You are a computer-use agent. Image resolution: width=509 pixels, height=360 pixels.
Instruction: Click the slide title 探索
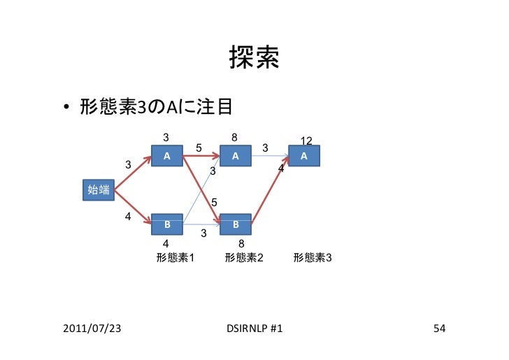click(254, 61)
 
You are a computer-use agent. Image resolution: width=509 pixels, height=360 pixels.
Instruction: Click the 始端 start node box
click(97, 189)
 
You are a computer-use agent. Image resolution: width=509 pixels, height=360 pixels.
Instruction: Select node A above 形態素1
click(167, 156)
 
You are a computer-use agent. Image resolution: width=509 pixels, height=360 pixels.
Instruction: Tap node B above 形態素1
click(167, 224)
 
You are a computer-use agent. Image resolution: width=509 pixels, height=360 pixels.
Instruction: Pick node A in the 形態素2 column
click(236, 156)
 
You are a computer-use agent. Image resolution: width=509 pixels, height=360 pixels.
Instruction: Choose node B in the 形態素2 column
click(236, 224)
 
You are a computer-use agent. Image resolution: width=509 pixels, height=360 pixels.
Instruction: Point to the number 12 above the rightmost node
click(306, 141)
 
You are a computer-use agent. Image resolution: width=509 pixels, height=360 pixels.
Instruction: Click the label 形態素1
click(175, 257)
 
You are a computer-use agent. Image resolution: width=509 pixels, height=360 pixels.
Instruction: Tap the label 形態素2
click(244, 257)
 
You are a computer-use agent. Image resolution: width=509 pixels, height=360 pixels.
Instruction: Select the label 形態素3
click(313, 257)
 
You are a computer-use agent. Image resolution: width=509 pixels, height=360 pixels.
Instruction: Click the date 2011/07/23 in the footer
click(90, 328)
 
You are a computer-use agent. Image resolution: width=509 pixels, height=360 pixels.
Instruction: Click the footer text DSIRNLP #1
click(254, 328)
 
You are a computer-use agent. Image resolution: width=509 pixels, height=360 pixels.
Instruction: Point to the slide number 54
click(439, 328)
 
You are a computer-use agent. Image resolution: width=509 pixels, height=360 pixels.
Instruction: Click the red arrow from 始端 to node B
click(133, 207)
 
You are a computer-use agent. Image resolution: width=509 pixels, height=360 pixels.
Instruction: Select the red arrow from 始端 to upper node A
click(133, 173)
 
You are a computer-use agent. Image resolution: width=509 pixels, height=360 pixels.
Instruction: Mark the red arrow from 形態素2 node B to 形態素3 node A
click(269, 196)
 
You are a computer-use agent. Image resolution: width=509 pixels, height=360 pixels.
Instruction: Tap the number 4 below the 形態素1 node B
click(166, 243)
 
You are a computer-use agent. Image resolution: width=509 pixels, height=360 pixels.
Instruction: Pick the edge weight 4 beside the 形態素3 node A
click(281, 170)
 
